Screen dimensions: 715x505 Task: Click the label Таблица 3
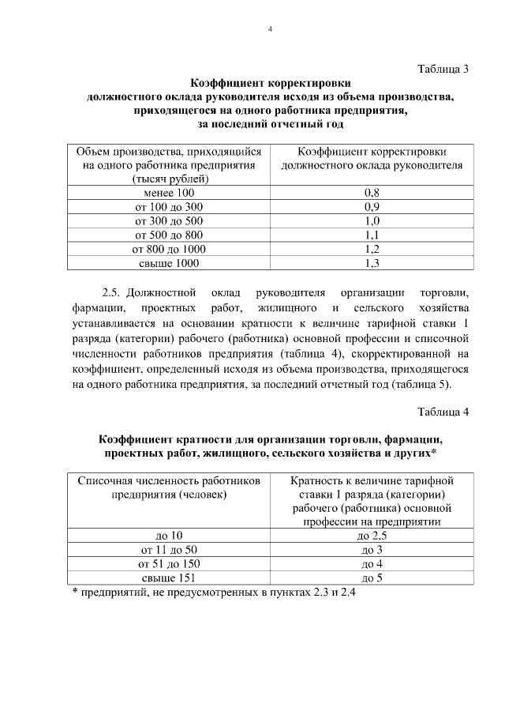coord(443,69)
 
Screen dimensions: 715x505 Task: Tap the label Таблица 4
coord(443,412)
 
